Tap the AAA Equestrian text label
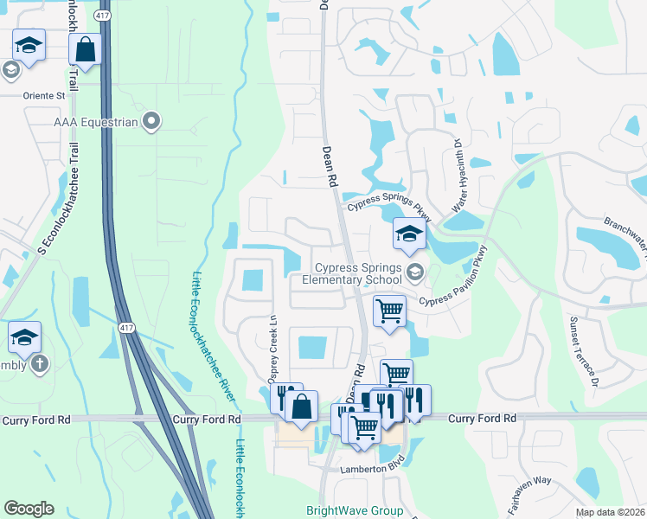[x=95, y=122]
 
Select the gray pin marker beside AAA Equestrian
[x=152, y=121]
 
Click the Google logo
[x=29, y=509]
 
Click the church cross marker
[x=38, y=364]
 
